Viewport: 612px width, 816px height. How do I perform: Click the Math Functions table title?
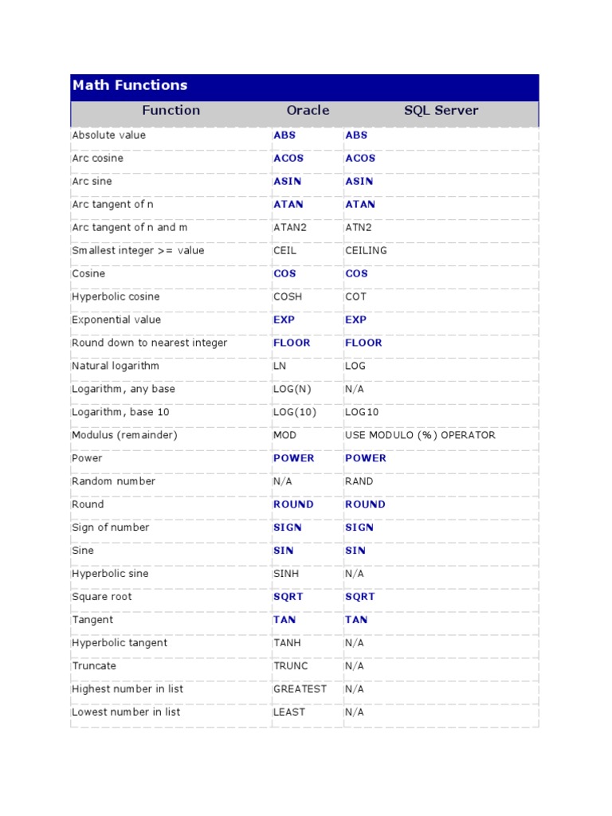(x=130, y=85)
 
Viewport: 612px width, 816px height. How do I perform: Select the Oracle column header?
(x=308, y=111)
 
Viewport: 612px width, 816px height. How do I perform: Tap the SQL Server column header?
(x=441, y=111)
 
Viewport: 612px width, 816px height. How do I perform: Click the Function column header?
(x=171, y=111)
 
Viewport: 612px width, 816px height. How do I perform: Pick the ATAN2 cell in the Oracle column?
(x=289, y=227)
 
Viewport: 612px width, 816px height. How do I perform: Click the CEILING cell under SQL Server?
(x=366, y=250)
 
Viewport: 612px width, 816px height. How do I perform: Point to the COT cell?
(x=355, y=296)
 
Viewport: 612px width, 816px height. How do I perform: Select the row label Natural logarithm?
(x=116, y=366)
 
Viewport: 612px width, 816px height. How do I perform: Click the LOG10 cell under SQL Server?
(x=362, y=412)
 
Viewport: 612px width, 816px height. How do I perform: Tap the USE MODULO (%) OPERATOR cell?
(x=420, y=435)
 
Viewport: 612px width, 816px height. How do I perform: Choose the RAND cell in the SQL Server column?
(x=359, y=481)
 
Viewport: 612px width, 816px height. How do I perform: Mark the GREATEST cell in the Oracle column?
(x=300, y=688)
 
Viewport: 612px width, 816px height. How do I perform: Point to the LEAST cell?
(x=288, y=712)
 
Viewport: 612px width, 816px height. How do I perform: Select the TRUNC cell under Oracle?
(x=290, y=665)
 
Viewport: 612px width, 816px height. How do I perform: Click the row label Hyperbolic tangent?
(x=120, y=642)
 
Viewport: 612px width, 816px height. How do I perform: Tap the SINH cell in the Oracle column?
(x=287, y=574)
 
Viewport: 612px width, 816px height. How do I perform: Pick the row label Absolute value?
(x=108, y=135)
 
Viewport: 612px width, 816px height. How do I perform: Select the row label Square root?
(x=102, y=597)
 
